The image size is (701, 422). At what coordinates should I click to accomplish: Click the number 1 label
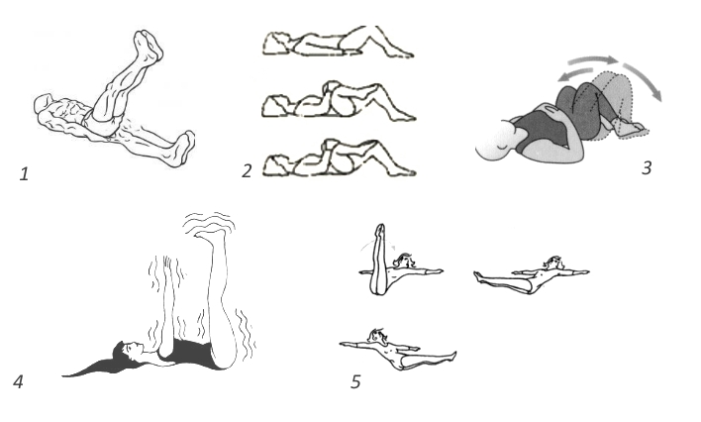24,173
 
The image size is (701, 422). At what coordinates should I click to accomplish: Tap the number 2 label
247,171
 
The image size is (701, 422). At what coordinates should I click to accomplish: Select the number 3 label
647,167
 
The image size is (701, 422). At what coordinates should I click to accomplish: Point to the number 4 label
18,381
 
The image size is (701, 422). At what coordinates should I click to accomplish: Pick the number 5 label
355,381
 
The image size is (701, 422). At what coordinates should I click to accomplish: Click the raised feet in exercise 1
149,44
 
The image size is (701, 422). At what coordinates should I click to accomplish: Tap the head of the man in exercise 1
43,103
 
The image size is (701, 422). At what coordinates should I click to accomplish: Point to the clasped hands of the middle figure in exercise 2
332,87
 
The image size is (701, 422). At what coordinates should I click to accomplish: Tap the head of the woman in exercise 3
495,140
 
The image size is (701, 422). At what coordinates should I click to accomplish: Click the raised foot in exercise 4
209,232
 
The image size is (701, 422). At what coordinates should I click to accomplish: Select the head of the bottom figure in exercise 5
375,336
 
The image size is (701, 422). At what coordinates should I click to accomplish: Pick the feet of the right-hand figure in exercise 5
477,276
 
